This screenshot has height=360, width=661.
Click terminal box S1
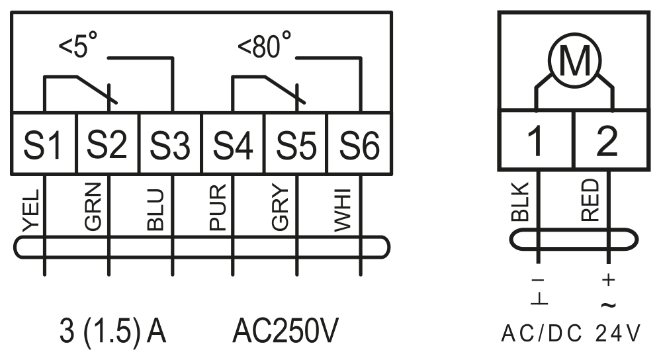(x=44, y=144)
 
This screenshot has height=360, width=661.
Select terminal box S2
(x=108, y=144)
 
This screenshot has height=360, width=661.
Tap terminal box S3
(x=171, y=144)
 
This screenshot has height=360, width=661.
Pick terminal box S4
(x=233, y=144)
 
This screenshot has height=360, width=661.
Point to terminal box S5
(x=296, y=144)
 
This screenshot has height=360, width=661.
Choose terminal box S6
(x=359, y=144)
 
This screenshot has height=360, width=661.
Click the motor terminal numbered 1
(x=536, y=140)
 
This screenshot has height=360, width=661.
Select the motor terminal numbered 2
(x=611, y=140)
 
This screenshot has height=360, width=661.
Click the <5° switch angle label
(x=78, y=45)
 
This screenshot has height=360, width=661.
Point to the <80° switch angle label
(x=264, y=45)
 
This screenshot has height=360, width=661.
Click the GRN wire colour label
(x=93, y=206)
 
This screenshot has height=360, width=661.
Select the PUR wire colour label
(x=218, y=208)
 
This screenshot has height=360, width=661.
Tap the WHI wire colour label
(x=342, y=211)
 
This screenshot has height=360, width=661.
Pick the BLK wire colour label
(x=520, y=202)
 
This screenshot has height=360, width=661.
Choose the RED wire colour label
(x=590, y=200)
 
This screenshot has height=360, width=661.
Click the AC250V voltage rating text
(x=285, y=331)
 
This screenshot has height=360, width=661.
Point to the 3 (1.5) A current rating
(x=112, y=332)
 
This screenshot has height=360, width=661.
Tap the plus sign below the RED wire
(x=608, y=279)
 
